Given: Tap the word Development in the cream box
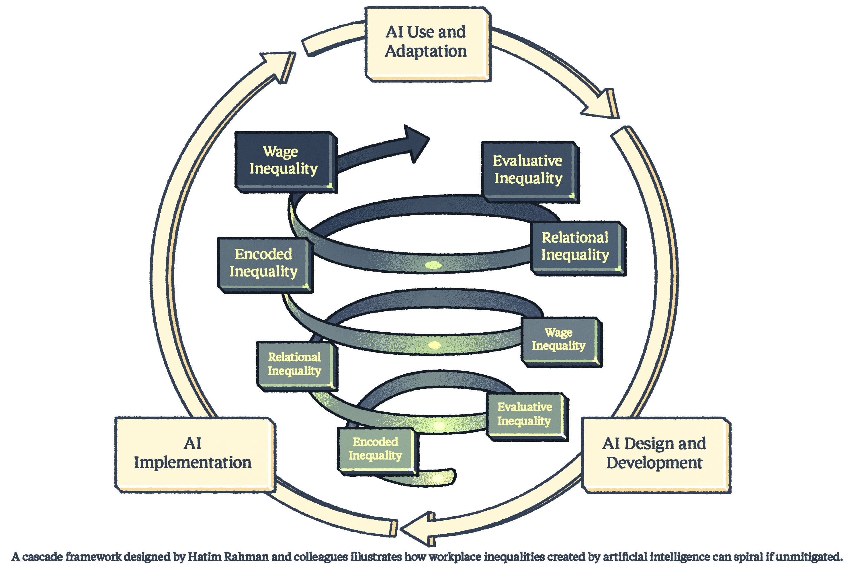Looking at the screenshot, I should (x=654, y=463).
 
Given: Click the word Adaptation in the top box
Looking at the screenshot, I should (x=426, y=52).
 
